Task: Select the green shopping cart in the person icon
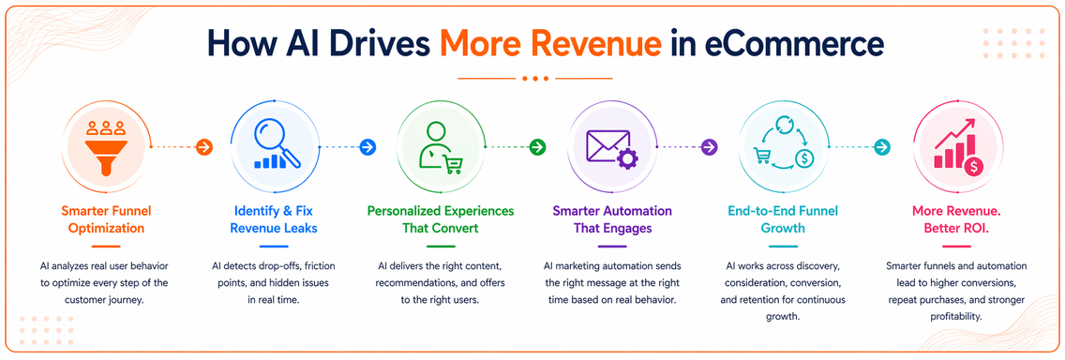click(453, 164)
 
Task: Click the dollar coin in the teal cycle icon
click(803, 158)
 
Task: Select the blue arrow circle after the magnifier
click(367, 146)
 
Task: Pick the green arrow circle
click(538, 146)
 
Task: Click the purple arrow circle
click(709, 146)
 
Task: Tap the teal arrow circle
click(881, 146)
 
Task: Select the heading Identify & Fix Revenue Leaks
click(275, 219)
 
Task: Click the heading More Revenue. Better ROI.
click(955, 219)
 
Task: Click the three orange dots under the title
click(536, 79)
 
